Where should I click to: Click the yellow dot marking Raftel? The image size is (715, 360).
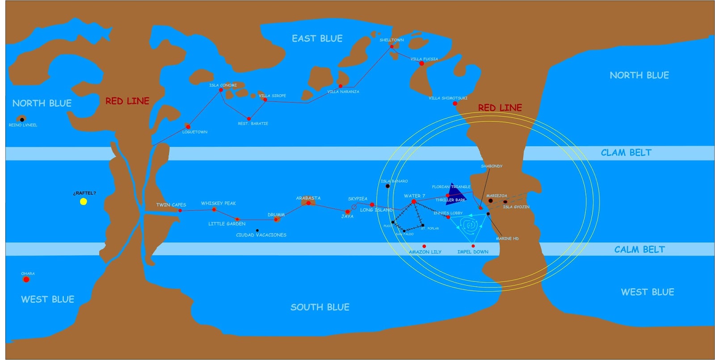pos(84,201)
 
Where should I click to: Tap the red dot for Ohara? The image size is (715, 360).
pos(26,280)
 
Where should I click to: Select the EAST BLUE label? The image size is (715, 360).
pos(317,39)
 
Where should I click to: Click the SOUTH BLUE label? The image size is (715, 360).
pos(320,307)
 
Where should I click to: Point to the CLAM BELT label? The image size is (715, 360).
pos(626,153)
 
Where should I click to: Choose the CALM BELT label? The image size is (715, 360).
pos(639,250)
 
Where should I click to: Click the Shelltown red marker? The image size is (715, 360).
pos(392,46)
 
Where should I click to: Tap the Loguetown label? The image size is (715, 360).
pos(195,132)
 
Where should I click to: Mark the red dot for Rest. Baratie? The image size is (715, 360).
pos(249,119)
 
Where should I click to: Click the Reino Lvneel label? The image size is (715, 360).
pos(23,125)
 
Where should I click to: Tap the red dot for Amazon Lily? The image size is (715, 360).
pos(424,246)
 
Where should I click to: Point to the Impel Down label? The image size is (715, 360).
pos(473,252)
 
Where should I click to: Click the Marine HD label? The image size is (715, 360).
pos(507,239)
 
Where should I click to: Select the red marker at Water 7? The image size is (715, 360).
pos(414,202)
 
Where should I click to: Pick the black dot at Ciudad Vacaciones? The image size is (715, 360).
pos(257,230)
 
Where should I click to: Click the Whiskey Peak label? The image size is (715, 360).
pos(219,203)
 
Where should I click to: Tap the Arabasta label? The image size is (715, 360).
pos(308,198)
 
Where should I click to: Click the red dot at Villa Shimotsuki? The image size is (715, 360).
pos(455,104)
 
